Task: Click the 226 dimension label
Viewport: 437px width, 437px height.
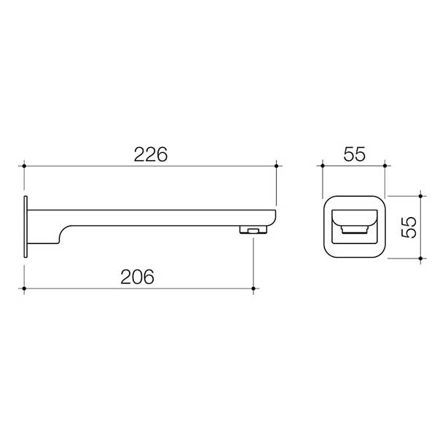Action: tap(151, 154)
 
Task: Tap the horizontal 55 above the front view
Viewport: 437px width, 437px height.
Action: tap(354, 154)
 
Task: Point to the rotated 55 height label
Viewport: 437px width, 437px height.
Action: tap(409, 227)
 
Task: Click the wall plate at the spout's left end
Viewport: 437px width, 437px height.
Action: tap(26, 226)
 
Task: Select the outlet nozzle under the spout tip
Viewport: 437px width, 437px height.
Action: tap(252, 230)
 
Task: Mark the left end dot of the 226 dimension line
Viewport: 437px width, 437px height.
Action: tap(26, 167)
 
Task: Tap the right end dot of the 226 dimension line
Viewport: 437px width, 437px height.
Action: tap(276, 167)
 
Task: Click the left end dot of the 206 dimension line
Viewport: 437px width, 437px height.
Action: tap(26, 289)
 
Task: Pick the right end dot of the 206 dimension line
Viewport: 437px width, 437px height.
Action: tap(253, 289)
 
